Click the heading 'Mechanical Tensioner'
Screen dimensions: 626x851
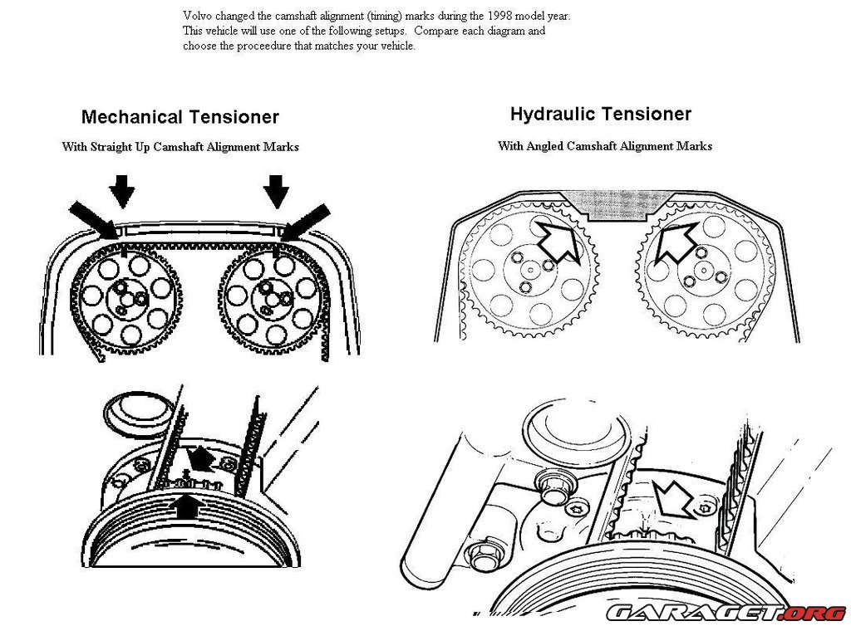click(180, 117)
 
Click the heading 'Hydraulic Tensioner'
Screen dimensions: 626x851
click(601, 114)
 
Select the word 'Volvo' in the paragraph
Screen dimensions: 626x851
click(197, 16)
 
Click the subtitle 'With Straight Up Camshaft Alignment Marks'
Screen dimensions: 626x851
click(180, 147)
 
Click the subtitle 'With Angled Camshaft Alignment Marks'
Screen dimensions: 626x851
click(605, 146)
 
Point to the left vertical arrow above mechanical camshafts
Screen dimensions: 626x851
click(121, 190)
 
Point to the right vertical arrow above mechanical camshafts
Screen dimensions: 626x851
click(276, 190)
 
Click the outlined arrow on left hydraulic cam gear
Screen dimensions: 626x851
click(557, 241)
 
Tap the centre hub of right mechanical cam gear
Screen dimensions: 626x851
click(271, 293)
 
